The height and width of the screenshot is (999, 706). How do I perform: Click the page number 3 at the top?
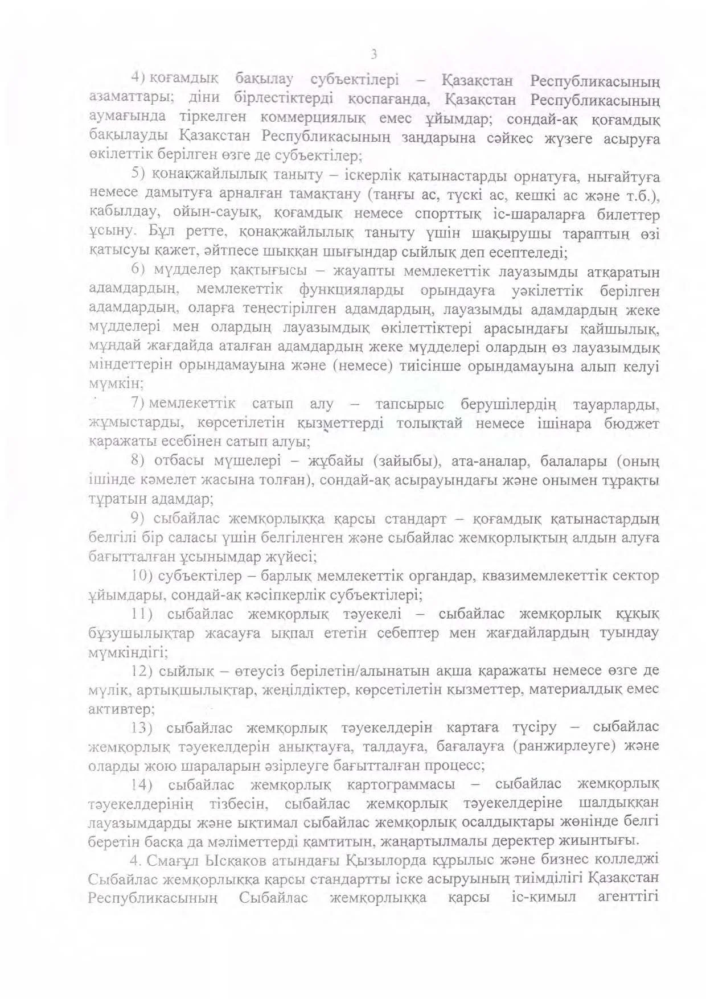(x=373, y=55)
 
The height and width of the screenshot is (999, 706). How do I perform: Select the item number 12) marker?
(x=142, y=671)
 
